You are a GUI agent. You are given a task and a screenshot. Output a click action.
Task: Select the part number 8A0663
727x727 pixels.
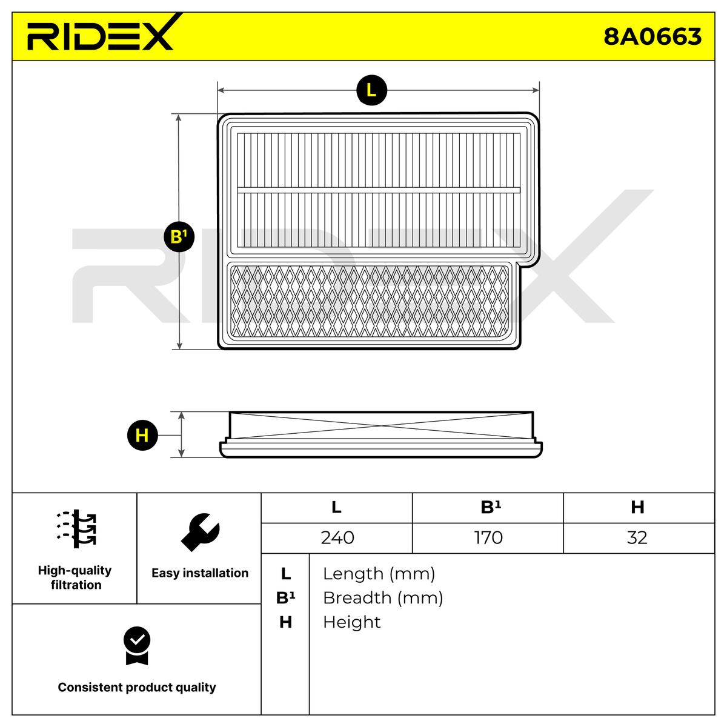pyautogui.click(x=652, y=36)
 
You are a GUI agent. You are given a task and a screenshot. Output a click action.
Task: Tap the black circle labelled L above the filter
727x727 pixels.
pyautogui.click(x=371, y=90)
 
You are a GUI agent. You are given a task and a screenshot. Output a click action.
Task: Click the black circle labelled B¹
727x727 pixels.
pyautogui.click(x=178, y=236)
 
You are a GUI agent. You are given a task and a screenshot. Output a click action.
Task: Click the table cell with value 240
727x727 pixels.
pyautogui.click(x=337, y=538)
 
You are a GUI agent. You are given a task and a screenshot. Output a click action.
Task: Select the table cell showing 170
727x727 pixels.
pyautogui.click(x=488, y=538)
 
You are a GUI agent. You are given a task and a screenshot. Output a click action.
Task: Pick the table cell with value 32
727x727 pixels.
pyautogui.click(x=637, y=538)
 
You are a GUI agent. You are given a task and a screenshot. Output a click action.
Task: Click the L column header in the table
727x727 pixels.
pyautogui.click(x=337, y=508)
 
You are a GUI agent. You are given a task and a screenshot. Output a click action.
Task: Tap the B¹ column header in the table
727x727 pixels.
pyautogui.click(x=488, y=508)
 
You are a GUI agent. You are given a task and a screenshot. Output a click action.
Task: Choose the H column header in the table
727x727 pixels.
pyautogui.click(x=637, y=508)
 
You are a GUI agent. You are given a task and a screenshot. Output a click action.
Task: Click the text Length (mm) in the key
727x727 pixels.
pyautogui.click(x=379, y=574)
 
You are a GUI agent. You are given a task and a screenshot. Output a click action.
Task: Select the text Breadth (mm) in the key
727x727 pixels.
pyautogui.click(x=383, y=598)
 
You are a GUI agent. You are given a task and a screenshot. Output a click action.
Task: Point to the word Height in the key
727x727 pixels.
pyautogui.click(x=351, y=622)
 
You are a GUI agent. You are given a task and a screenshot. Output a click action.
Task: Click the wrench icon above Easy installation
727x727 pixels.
pyautogui.click(x=200, y=531)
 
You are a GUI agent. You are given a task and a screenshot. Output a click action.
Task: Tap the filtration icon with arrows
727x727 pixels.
pyautogui.click(x=76, y=528)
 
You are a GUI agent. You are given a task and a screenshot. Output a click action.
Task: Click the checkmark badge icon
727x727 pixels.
pyautogui.click(x=137, y=646)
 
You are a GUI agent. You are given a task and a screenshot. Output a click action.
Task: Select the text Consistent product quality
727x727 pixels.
pyautogui.click(x=137, y=688)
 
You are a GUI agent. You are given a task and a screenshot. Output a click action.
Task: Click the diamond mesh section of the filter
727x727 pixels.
pyautogui.click(x=370, y=302)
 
